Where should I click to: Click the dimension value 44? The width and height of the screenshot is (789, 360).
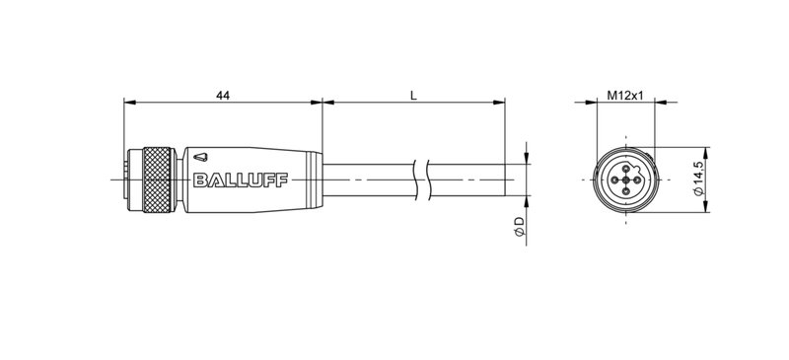[223, 95]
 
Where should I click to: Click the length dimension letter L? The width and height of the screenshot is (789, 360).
[413, 95]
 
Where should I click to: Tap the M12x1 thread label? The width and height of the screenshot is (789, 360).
[624, 95]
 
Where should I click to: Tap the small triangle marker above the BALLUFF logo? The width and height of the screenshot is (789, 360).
[201, 155]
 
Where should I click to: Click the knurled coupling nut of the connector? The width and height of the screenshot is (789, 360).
[158, 180]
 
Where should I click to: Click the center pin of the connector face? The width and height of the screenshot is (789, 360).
[625, 180]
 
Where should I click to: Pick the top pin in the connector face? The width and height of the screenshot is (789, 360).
[625, 169]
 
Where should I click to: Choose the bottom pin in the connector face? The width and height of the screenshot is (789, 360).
[625, 190]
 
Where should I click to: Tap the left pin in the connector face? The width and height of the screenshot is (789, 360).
[614, 180]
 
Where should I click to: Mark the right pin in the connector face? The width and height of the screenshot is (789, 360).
[636, 180]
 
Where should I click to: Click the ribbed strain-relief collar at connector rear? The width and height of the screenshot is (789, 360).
[314, 180]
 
